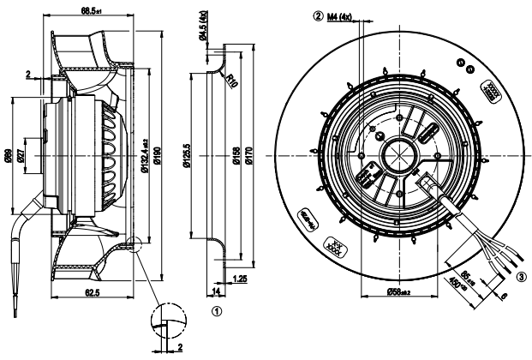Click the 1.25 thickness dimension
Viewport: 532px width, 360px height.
(x=241, y=280)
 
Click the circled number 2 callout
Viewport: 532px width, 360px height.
(x=318, y=15)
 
